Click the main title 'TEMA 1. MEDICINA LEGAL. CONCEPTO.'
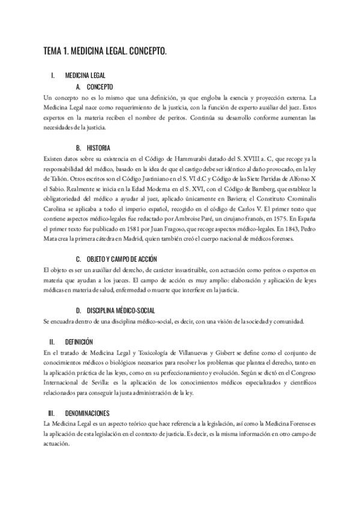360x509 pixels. (105, 52)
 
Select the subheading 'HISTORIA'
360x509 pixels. (100, 148)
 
